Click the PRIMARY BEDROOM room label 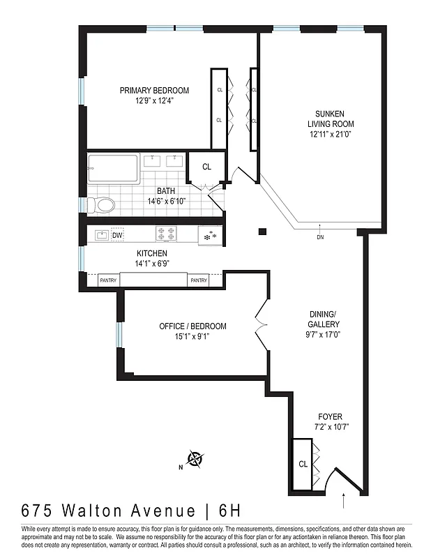154,91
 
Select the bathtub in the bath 113,169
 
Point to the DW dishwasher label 117,235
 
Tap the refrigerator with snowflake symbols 209,236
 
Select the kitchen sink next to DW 100,235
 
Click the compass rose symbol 195,459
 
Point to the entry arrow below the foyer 345,500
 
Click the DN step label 320,237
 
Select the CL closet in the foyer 303,464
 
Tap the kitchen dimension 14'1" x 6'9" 153,264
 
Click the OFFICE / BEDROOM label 192,326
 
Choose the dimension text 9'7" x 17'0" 324,334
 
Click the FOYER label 329,417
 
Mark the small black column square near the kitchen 262,232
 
